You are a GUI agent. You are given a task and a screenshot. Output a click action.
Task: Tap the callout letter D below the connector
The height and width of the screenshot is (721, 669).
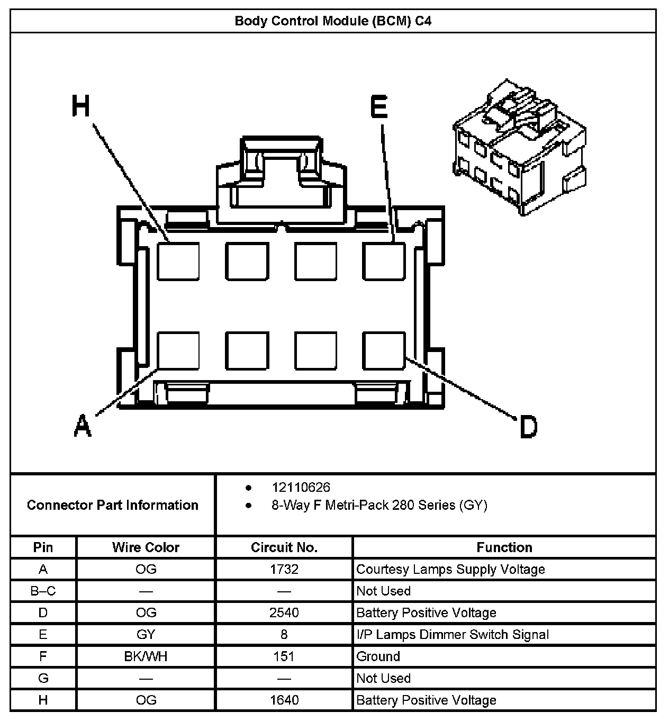tap(528, 427)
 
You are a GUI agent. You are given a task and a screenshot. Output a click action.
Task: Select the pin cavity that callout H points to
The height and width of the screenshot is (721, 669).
tap(178, 261)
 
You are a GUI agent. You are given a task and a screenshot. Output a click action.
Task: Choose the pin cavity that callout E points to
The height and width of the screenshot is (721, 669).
tap(384, 261)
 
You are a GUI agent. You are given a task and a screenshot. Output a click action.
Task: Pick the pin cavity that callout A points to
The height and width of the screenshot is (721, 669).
tap(178, 350)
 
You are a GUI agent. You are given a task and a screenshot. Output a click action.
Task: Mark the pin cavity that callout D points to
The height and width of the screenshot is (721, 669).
tap(384, 350)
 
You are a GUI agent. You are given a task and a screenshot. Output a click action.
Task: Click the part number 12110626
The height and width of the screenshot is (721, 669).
tap(301, 487)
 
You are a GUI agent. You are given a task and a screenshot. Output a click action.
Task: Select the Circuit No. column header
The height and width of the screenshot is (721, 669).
tap(284, 547)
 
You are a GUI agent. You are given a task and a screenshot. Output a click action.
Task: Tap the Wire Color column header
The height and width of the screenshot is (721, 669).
tap(146, 547)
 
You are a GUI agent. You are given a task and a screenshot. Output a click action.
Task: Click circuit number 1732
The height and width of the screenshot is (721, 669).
tap(284, 570)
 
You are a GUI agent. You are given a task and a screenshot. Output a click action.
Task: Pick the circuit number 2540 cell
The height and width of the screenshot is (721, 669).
tap(284, 613)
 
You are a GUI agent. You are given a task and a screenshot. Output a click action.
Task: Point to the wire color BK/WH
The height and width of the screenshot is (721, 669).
tap(146, 656)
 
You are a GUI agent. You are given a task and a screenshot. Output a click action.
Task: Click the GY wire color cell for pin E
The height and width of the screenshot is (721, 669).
tap(146, 635)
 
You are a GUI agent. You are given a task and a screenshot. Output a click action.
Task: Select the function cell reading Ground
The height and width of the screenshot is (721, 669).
tap(378, 656)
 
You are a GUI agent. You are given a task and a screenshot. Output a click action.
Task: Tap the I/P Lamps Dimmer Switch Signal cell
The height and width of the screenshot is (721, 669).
tap(453, 635)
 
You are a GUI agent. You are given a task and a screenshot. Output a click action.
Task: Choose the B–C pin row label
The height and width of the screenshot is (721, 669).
tap(43, 591)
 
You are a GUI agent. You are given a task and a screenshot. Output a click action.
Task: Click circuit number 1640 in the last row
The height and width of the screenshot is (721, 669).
tap(284, 700)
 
